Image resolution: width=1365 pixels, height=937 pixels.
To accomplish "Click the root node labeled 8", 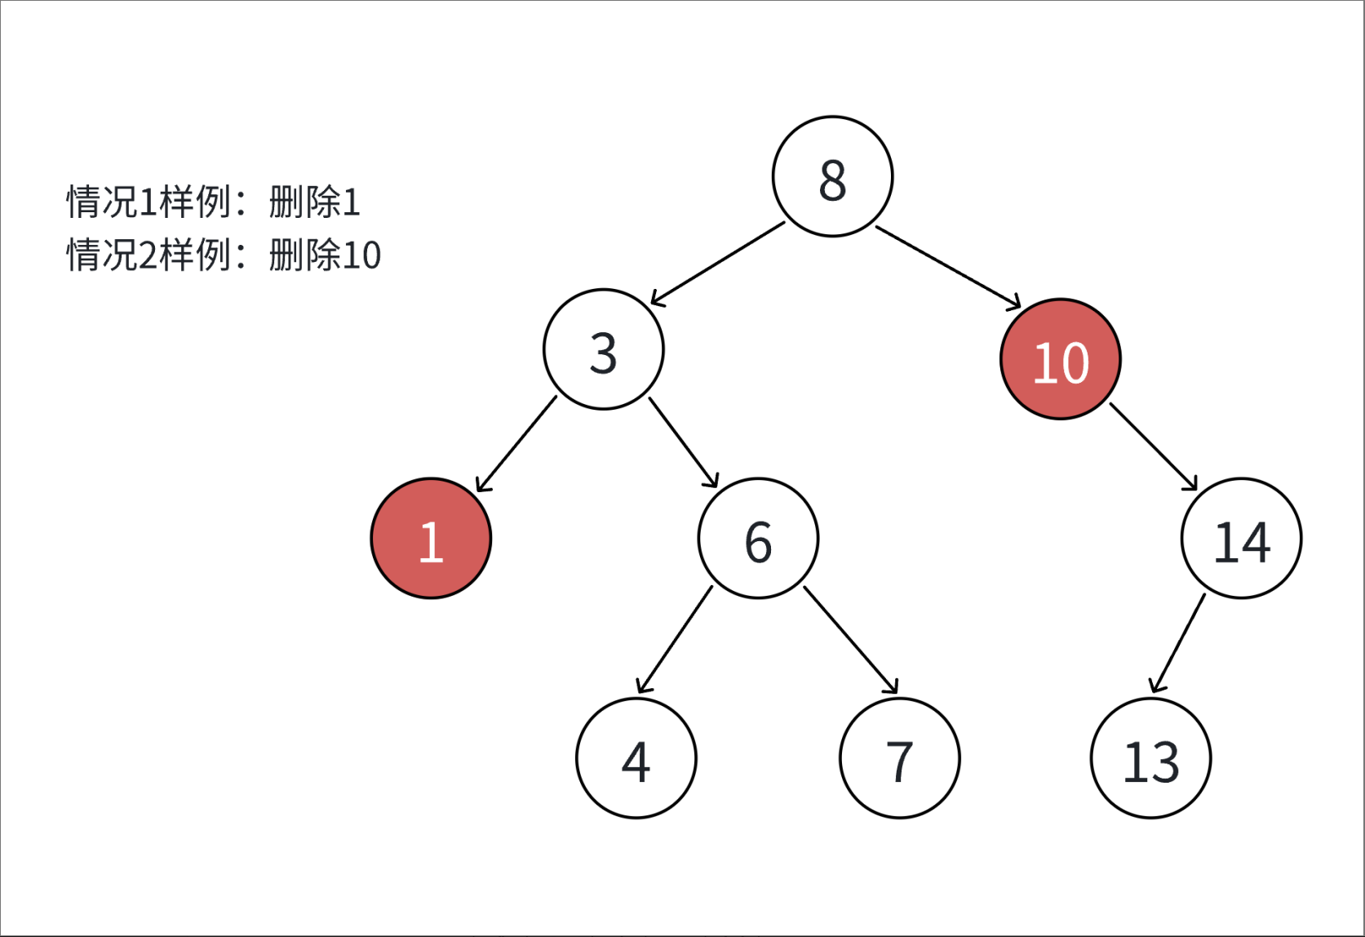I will coord(832,176).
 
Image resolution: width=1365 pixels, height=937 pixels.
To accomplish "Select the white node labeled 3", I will coord(604,349).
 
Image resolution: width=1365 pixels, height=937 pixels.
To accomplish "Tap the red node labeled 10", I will coord(1061,359).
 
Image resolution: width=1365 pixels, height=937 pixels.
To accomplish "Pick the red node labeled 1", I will coord(431,539).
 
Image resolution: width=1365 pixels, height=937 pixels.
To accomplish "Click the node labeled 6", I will coord(759,539).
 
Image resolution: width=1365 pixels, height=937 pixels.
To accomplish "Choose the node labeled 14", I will coord(1241,539).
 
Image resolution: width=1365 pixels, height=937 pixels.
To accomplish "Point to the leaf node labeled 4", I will coord(636,758).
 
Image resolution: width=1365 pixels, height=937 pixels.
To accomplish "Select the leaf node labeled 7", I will coord(900,758).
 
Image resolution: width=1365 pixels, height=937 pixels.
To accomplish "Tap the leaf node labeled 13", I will coord(1151,758).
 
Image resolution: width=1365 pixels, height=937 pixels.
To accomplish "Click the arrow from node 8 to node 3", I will coord(718,264).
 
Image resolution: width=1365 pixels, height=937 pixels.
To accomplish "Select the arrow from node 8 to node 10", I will coord(948,267).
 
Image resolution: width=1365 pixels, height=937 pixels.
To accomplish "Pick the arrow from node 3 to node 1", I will coord(516,444).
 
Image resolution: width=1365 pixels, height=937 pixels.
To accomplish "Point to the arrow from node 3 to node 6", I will coord(683,442).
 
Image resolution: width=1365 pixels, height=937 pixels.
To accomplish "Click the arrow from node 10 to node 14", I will coord(1154,446).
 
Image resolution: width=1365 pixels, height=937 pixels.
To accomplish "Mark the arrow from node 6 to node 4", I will coord(675,639).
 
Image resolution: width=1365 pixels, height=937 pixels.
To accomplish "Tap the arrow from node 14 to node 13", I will coord(1178,643).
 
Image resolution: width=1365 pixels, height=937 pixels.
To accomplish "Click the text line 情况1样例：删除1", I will coord(213,202).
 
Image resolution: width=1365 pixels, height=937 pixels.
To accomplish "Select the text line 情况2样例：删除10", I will coord(224,255).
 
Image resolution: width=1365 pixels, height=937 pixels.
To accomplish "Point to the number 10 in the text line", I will coord(361,255).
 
